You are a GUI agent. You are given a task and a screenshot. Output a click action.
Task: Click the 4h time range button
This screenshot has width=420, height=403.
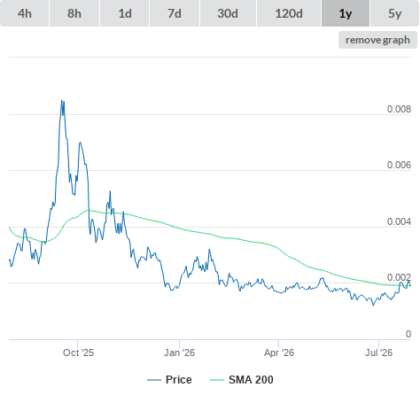25,13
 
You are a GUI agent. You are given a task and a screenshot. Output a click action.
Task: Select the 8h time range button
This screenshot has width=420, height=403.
74,13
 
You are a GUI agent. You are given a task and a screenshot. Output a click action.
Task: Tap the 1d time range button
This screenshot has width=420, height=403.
125,13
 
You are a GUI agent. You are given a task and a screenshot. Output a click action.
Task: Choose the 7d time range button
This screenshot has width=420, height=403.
175,13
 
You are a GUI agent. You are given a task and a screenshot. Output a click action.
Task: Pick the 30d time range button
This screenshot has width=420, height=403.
228,13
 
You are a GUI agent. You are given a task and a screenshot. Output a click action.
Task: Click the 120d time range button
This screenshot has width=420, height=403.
289,13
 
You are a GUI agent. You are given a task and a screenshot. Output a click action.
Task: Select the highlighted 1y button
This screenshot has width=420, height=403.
346,13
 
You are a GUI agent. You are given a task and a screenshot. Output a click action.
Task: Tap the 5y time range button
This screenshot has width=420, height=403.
395,13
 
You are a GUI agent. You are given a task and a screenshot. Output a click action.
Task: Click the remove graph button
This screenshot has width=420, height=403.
377,40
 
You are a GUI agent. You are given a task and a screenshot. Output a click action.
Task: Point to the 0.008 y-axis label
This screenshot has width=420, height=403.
399,109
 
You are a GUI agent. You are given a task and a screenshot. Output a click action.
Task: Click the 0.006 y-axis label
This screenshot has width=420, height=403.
399,165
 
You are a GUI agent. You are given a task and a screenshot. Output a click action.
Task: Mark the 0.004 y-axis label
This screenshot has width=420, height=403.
399,221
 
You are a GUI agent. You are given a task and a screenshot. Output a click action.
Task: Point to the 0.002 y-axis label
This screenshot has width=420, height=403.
399,277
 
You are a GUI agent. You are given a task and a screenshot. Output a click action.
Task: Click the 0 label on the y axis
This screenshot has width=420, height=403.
408,334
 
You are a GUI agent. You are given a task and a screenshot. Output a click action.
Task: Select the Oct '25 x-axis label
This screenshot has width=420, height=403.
78,353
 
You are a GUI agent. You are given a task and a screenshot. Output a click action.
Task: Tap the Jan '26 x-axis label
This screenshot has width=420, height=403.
180,353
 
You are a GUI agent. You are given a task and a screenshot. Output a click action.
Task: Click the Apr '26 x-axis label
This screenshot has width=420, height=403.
279,353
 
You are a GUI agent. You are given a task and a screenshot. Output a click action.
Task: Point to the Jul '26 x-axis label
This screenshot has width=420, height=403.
379,353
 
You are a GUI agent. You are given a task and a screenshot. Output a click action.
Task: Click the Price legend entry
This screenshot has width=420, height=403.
169,380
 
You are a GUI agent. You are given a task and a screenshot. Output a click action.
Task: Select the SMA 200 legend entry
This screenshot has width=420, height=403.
242,380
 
